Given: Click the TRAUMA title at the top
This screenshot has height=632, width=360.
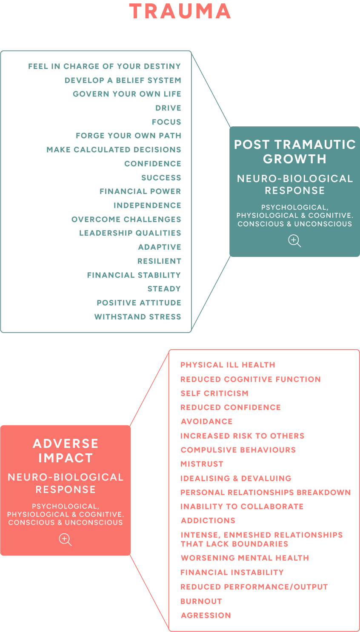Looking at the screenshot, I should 180,11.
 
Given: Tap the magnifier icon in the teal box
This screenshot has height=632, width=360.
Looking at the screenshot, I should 294,241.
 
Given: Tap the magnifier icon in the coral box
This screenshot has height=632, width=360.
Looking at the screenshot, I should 65,540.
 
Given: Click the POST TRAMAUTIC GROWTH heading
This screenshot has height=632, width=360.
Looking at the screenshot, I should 294,151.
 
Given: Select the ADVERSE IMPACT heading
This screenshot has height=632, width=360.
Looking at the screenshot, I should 66,450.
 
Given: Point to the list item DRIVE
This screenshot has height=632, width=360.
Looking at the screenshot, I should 168,108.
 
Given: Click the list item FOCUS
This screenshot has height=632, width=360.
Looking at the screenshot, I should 166,122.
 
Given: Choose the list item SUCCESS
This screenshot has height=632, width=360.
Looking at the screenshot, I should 161,178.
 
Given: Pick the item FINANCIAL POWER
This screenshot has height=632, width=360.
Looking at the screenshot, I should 140,191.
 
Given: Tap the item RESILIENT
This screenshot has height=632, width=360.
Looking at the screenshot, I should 159,261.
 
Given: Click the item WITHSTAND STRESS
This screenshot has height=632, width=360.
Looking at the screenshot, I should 138,317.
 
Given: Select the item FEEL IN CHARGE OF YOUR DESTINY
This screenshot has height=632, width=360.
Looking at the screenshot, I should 105,66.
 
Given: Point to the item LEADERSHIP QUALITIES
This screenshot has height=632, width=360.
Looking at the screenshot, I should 130,233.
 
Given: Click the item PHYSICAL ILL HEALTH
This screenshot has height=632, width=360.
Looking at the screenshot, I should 228,365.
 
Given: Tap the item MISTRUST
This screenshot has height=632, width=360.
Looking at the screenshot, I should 202,464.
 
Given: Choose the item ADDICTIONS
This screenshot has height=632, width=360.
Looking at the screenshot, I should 208,521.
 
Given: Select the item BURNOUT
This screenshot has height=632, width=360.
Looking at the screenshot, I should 201,601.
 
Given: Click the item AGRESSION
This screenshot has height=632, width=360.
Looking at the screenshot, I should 206,615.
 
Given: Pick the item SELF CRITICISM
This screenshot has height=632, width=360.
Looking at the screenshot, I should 214,393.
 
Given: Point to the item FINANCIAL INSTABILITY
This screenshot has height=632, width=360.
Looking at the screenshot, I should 232,572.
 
